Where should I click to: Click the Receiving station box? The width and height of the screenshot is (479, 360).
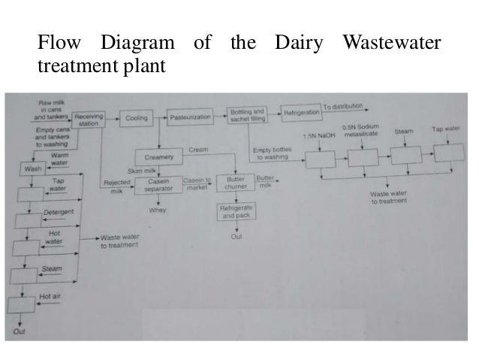tap(89, 119)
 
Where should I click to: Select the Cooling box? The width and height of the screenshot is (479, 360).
tap(136, 119)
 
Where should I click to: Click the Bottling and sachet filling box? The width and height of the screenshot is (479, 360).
tap(246, 115)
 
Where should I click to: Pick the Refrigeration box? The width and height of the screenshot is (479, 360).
tap(301, 112)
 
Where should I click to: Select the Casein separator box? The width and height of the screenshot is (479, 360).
tap(158, 185)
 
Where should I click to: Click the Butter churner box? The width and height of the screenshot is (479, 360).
tap(235, 184)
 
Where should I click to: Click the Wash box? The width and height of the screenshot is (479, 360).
tap(32, 168)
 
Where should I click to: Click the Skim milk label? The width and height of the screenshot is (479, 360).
tap(140, 172)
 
